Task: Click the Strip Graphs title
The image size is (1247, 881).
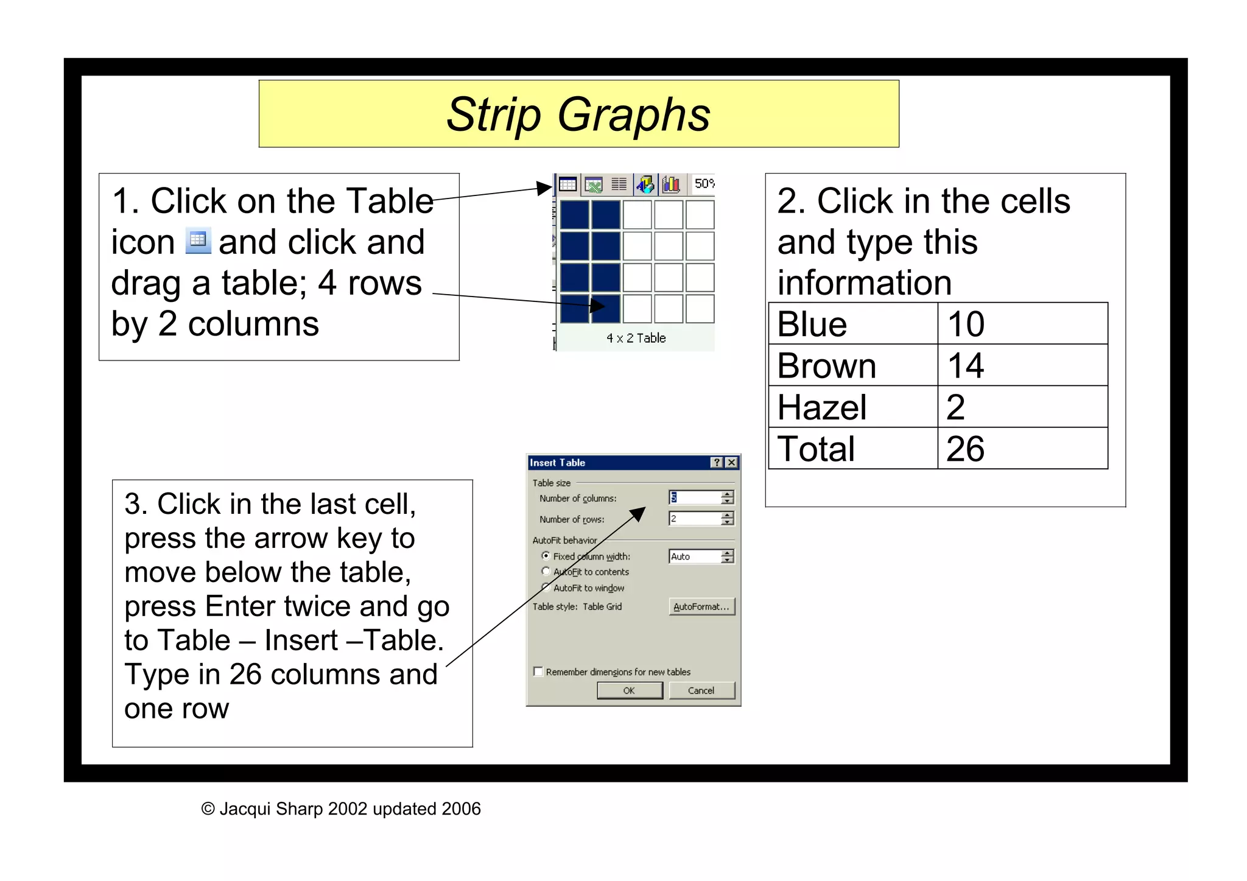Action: tap(578, 114)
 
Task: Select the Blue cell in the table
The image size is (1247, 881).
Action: tap(852, 324)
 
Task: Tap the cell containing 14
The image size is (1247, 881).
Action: tap(1022, 365)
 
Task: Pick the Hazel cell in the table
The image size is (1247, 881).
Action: tap(852, 407)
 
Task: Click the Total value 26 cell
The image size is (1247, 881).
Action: tap(1022, 449)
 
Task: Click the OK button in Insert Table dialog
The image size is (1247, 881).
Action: tap(629, 690)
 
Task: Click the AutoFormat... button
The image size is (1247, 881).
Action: tap(701, 606)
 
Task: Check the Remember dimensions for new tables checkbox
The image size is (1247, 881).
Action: tap(538, 672)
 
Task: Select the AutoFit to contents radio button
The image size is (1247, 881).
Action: tap(546, 571)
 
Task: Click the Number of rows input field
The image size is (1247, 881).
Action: tap(694, 519)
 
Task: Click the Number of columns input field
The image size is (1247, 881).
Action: tap(694, 497)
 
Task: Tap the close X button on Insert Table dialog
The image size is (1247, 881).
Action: tap(732, 463)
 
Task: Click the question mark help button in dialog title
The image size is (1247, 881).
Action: tap(717, 463)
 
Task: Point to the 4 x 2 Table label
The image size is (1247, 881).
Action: tap(636, 338)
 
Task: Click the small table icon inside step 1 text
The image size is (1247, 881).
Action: tap(198, 241)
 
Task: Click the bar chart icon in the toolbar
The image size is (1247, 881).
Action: tap(671, 184)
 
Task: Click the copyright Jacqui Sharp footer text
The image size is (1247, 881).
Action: tap(341, 809)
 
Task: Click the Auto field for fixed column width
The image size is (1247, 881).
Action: tap(694, 556)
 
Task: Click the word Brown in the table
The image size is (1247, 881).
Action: tap(827, 365)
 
